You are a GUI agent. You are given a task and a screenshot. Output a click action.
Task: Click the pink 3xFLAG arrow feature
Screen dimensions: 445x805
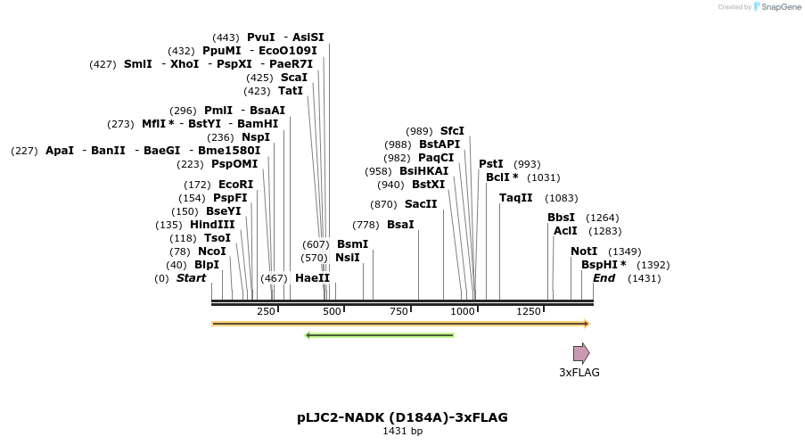point(581,352)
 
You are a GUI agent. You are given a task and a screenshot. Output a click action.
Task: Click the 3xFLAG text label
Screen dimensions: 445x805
point(579,373)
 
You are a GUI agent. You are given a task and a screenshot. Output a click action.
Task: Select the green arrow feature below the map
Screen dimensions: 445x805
point(380,335)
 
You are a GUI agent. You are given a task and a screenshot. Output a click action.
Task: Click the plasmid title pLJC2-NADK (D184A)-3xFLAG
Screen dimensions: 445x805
point(402,417)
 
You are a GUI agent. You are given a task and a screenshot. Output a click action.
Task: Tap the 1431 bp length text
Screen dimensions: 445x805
point(402,432)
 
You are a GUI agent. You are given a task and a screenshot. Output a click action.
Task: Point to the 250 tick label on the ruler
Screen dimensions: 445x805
point(266,311)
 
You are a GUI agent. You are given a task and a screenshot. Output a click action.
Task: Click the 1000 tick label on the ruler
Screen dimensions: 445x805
point(463,311)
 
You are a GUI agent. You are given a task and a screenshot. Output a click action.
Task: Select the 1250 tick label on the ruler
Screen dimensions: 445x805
point(529,311)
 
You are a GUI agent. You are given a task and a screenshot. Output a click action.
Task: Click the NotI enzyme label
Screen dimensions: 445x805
point(584,251)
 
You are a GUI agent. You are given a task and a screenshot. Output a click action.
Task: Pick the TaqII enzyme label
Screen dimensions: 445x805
point(515,198)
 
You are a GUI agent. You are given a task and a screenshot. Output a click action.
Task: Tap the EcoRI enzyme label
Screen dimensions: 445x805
point(235,185)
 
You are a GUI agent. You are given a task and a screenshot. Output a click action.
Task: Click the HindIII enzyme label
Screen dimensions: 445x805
point(212,225)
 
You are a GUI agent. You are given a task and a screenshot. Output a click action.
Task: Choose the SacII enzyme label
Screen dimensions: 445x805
point(421,204)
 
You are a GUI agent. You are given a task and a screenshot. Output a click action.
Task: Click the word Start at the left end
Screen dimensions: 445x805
point(191,278)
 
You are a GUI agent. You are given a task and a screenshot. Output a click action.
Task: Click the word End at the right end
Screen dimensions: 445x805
point(604,278)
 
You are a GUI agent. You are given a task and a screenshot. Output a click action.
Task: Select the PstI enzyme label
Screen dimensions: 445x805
point(491,164)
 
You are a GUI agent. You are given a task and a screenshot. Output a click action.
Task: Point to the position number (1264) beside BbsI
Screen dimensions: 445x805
point(602,218)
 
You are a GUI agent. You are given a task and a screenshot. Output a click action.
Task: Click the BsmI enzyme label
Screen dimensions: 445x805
point(352,244)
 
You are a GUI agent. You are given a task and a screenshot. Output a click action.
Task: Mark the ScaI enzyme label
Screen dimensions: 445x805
point(293,78)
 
